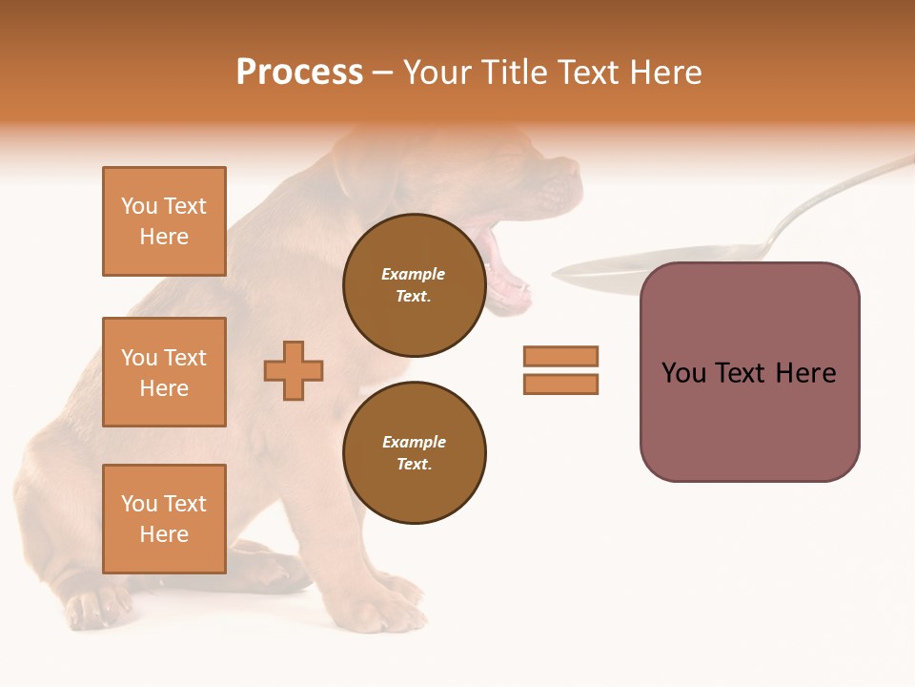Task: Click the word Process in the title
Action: tap(299, 73)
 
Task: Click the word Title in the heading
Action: tap(514, 73)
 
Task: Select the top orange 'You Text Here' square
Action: tap(164, 221)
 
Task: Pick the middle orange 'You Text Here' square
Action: tap(164, 372)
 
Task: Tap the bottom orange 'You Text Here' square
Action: tap(164, 519)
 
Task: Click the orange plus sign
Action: tap(294, 370)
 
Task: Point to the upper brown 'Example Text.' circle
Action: tap(414, 285)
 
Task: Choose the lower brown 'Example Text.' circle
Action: tap(414, 453)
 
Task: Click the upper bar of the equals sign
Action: tap(560, 356)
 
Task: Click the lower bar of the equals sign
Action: tap(560, 385)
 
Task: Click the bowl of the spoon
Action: tap(610, 269)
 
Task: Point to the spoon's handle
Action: tap(839, 191)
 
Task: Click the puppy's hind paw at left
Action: tap(95, 607)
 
